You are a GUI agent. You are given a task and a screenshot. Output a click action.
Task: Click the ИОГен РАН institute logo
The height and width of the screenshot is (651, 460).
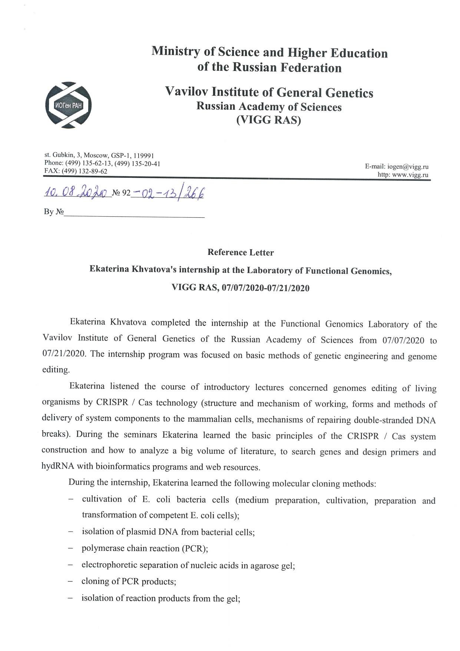click(68, 105)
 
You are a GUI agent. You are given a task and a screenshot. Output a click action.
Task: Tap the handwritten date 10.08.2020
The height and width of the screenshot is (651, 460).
click(76, 192)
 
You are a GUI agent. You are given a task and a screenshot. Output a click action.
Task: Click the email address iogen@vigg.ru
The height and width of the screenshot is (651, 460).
click(407, 167)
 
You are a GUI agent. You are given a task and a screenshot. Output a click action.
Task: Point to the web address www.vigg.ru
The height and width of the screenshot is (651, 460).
click(410, 175)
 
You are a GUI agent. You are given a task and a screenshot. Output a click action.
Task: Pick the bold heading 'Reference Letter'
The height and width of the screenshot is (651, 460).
click(241, 253)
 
